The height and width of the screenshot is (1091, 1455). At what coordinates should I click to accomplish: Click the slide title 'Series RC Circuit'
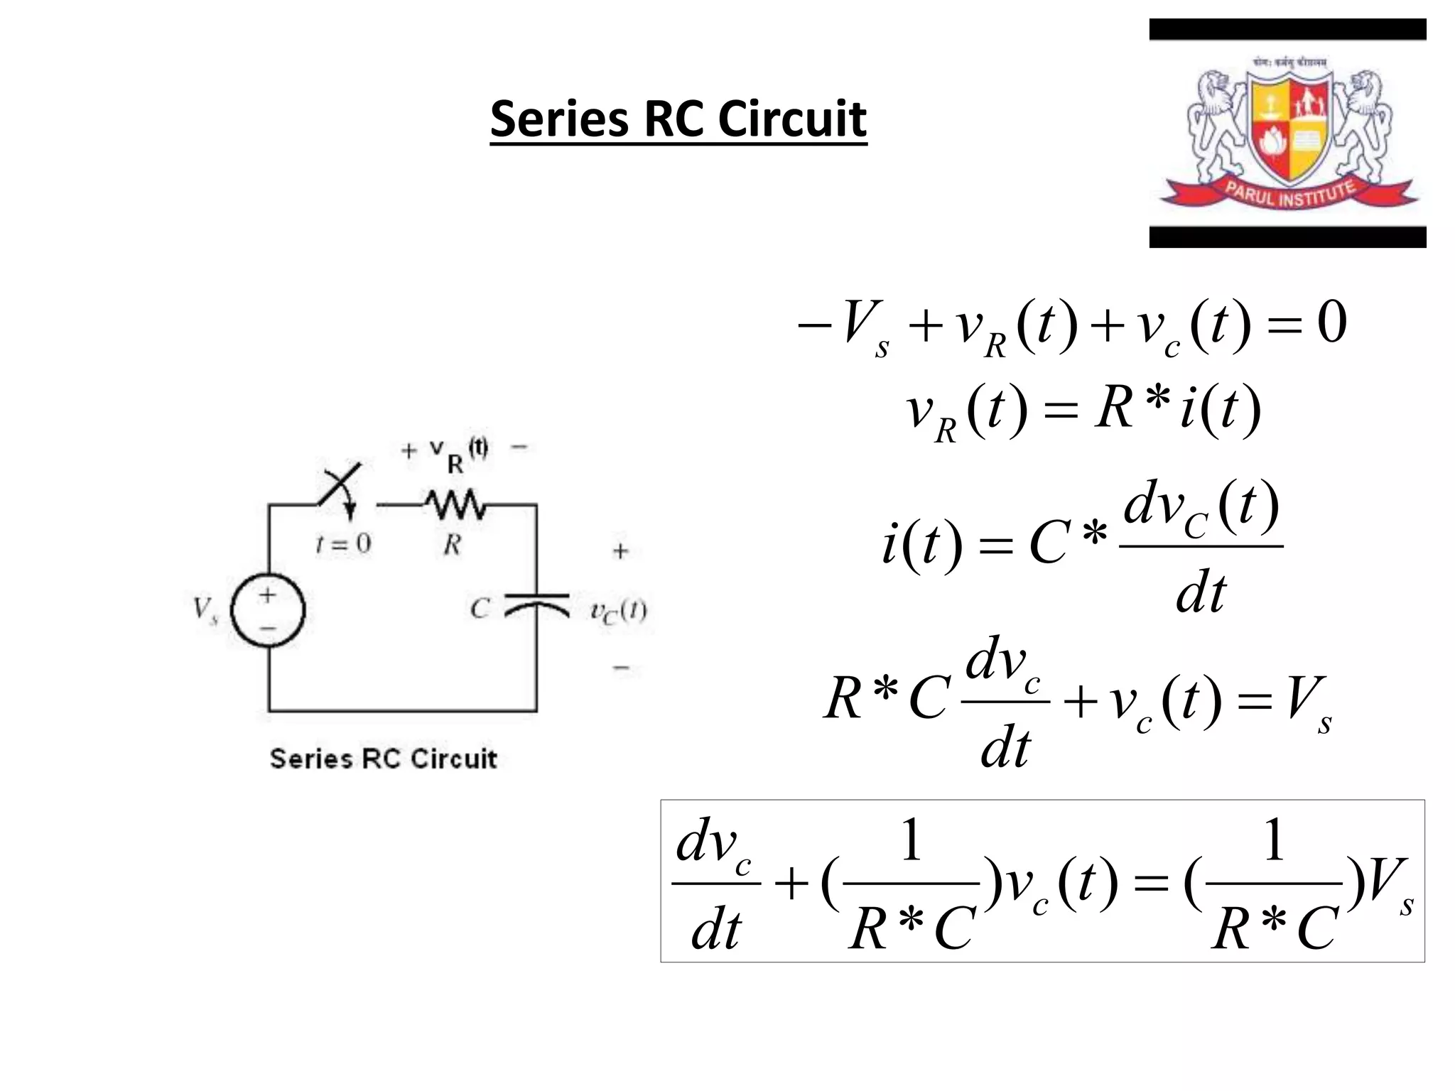678,119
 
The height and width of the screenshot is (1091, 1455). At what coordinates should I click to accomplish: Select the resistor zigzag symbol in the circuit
455,505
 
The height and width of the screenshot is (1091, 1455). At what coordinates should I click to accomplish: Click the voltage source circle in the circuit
269,610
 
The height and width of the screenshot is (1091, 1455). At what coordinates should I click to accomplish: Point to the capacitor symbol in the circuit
536,604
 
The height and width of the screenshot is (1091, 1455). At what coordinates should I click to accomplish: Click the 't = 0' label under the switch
343,544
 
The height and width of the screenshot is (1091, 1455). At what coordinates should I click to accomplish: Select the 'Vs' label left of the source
205,609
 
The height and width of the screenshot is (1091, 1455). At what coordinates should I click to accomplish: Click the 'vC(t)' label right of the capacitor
619,612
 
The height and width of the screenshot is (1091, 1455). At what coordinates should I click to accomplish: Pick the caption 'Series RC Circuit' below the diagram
383,759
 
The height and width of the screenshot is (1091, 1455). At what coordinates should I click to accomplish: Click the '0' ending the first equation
1331,323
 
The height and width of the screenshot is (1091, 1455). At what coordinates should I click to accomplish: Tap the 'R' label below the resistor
453,545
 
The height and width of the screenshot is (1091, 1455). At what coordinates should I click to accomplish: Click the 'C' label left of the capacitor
480,609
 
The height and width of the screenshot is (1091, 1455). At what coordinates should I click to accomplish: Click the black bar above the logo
1287,29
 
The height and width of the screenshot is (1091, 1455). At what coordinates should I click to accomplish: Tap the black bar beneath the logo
1287,237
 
